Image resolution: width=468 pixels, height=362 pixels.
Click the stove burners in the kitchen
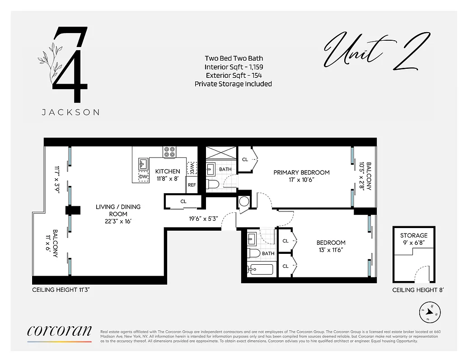coord(170,152)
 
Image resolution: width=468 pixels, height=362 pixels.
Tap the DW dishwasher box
coord(143,177)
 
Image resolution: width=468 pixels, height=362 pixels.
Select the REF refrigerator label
coord(192,185)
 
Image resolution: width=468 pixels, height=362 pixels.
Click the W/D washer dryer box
coord(192,167)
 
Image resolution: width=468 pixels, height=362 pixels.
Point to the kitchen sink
coord(143,163)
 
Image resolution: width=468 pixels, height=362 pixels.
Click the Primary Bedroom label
coord(301,172)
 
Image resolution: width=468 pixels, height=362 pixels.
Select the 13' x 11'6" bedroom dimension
coord(331,250)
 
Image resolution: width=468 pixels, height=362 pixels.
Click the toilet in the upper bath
coord(212,184)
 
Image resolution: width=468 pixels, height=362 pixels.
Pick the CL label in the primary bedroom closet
coord(245,159)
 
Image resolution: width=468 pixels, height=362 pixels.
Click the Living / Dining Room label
coord(118,210)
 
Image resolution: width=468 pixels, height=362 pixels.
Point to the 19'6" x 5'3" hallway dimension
coord(203,219)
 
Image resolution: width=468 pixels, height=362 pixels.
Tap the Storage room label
coord(413,236)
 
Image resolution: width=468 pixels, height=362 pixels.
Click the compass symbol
coord(430,312)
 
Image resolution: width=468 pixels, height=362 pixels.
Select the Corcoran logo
coord(59,331)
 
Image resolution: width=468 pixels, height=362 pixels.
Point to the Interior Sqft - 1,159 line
coord(234,67)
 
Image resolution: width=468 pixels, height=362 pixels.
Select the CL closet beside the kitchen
coord(183,201)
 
